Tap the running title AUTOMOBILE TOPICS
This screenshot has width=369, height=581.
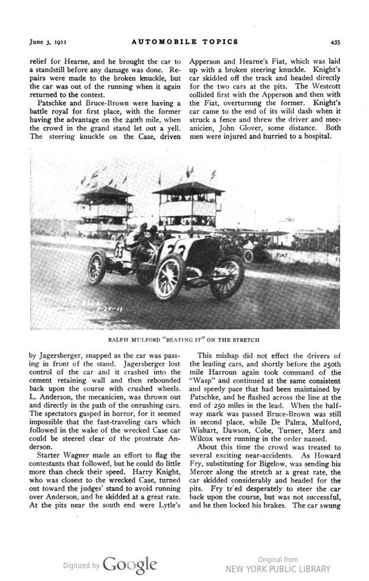coord(184,41)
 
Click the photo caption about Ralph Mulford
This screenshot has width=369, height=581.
coord(184,340)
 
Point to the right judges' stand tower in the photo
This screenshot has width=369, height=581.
coord(188,201)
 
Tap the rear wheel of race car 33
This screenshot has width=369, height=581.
coord(97,267)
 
